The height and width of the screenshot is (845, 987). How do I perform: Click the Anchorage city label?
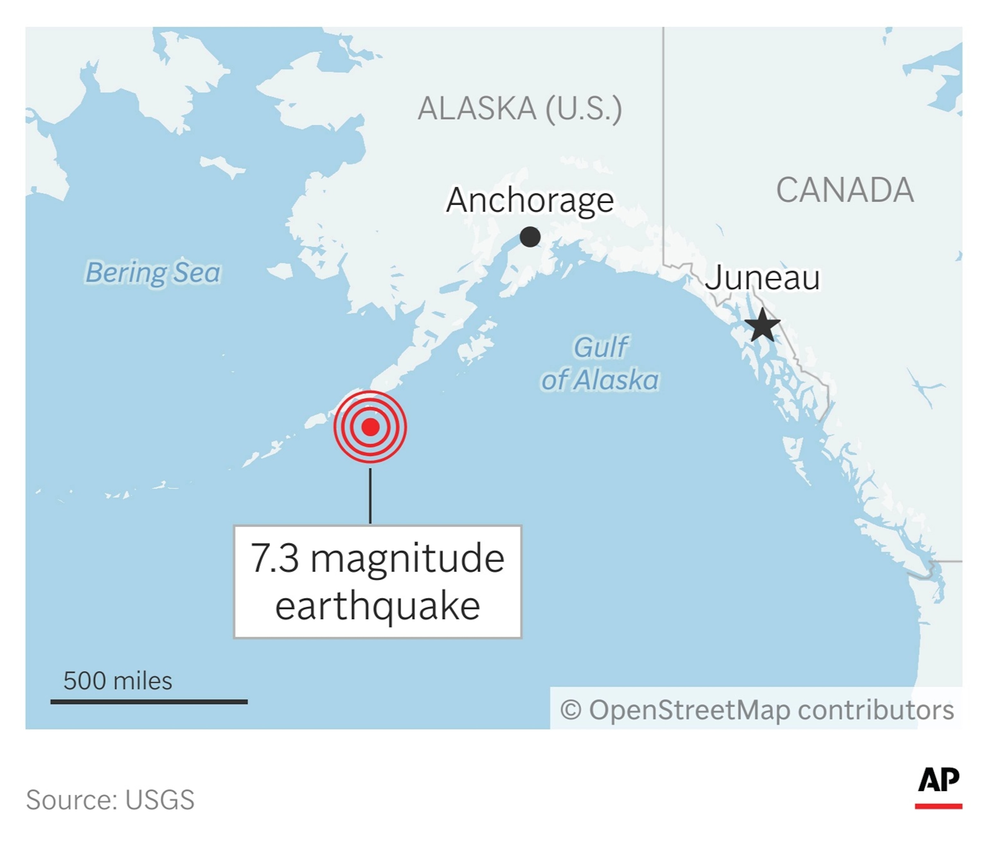(x=530, y=200)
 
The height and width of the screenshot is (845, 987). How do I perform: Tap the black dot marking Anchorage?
(x=530, y=237)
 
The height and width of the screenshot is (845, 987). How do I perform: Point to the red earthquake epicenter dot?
(x=370, y=427)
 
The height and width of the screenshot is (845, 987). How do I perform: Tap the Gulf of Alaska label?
(x=600, y=364)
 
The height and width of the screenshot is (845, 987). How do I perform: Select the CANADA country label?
(x=845, y=190)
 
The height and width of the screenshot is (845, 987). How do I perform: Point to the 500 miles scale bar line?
(x=149, y=702)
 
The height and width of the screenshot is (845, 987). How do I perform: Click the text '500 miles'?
(x=118, y=680)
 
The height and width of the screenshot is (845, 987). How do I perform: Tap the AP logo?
(x=938, y=780)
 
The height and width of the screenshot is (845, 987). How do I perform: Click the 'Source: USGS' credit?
(x=110, y=799)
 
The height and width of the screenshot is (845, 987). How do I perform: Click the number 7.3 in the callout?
(x=275, y=558)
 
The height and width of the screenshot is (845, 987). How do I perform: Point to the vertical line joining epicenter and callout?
(x=370, y=496)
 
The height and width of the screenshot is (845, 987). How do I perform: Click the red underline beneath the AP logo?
(x=938, y=806)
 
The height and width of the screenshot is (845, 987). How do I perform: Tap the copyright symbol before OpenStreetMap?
(x=571, y=710)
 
